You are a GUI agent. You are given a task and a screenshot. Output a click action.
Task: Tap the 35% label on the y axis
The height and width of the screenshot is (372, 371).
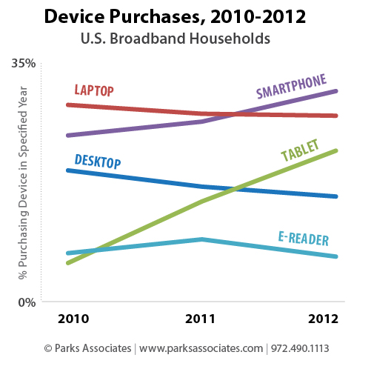tap(24, 64)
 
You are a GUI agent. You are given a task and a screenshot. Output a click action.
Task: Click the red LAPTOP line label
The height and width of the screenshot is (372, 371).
tap(94, 90)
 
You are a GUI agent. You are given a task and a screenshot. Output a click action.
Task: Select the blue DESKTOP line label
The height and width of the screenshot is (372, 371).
tap(98, 162)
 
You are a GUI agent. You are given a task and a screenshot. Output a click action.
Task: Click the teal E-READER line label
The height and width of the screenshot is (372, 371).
tap(303, 238)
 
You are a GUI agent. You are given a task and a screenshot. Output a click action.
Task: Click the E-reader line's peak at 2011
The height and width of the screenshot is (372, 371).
tap(201, 239)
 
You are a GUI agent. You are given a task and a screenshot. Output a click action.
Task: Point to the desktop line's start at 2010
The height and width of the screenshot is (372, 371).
tap(68, 170)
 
